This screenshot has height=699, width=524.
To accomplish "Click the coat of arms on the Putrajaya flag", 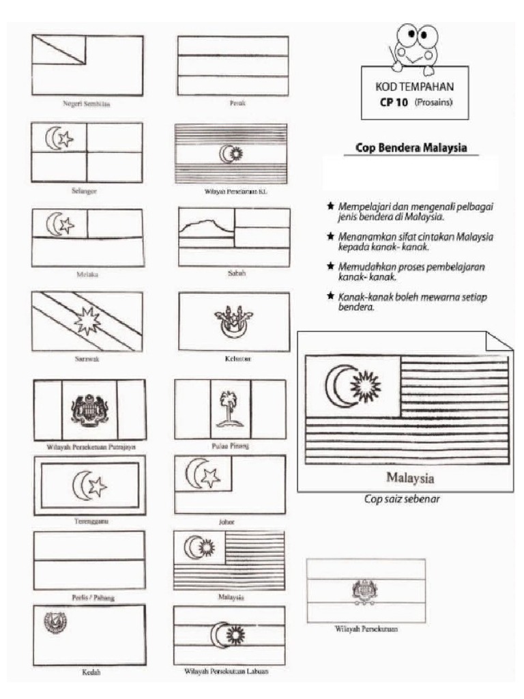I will click(89, 410).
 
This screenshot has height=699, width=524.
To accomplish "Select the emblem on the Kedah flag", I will click(52, 622).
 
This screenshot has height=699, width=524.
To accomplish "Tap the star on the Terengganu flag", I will click(98, 486).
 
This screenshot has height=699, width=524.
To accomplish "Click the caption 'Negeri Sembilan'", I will click(87, 105).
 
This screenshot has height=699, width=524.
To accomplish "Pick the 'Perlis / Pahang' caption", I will click(93, 597).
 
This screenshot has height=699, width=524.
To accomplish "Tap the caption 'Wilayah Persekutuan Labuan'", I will click(226, 671).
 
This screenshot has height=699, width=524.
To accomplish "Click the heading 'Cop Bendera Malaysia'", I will click(411, 148).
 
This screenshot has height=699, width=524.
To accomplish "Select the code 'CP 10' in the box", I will click(394, 104).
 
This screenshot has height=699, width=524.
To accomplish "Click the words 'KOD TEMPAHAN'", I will click(414, 88).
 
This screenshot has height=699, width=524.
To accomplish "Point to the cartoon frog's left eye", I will click(408, 33).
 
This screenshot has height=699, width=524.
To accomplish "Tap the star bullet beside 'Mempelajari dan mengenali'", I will click(331, 205).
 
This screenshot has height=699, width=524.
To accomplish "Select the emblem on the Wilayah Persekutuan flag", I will click(365, 590).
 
